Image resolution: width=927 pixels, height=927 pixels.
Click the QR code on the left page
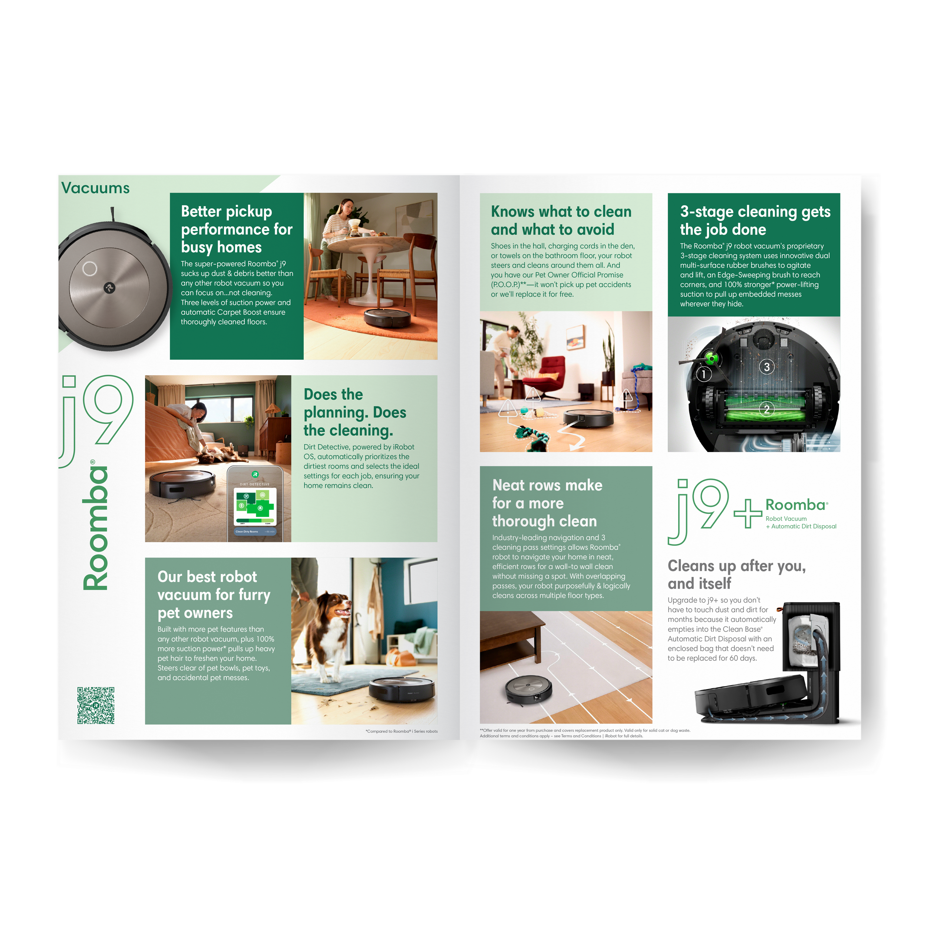96,705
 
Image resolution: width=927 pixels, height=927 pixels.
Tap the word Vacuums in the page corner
96,188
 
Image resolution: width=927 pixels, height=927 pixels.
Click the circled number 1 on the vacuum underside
704,374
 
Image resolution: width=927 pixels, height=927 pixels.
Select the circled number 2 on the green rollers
766,409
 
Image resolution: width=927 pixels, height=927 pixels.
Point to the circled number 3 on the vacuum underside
767,367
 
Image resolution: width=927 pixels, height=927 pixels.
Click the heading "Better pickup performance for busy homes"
236,230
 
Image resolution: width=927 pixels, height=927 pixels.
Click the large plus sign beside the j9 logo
748,514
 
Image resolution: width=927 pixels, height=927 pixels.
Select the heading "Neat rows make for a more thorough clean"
547,503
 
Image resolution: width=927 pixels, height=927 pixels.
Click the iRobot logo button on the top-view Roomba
109,288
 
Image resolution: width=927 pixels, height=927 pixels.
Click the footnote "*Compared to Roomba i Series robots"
401,731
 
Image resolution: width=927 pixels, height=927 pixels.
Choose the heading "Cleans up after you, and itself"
736,575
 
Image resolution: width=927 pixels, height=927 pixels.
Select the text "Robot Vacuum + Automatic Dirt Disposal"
800,522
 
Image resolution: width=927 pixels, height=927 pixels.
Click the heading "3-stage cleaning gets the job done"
755,220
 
